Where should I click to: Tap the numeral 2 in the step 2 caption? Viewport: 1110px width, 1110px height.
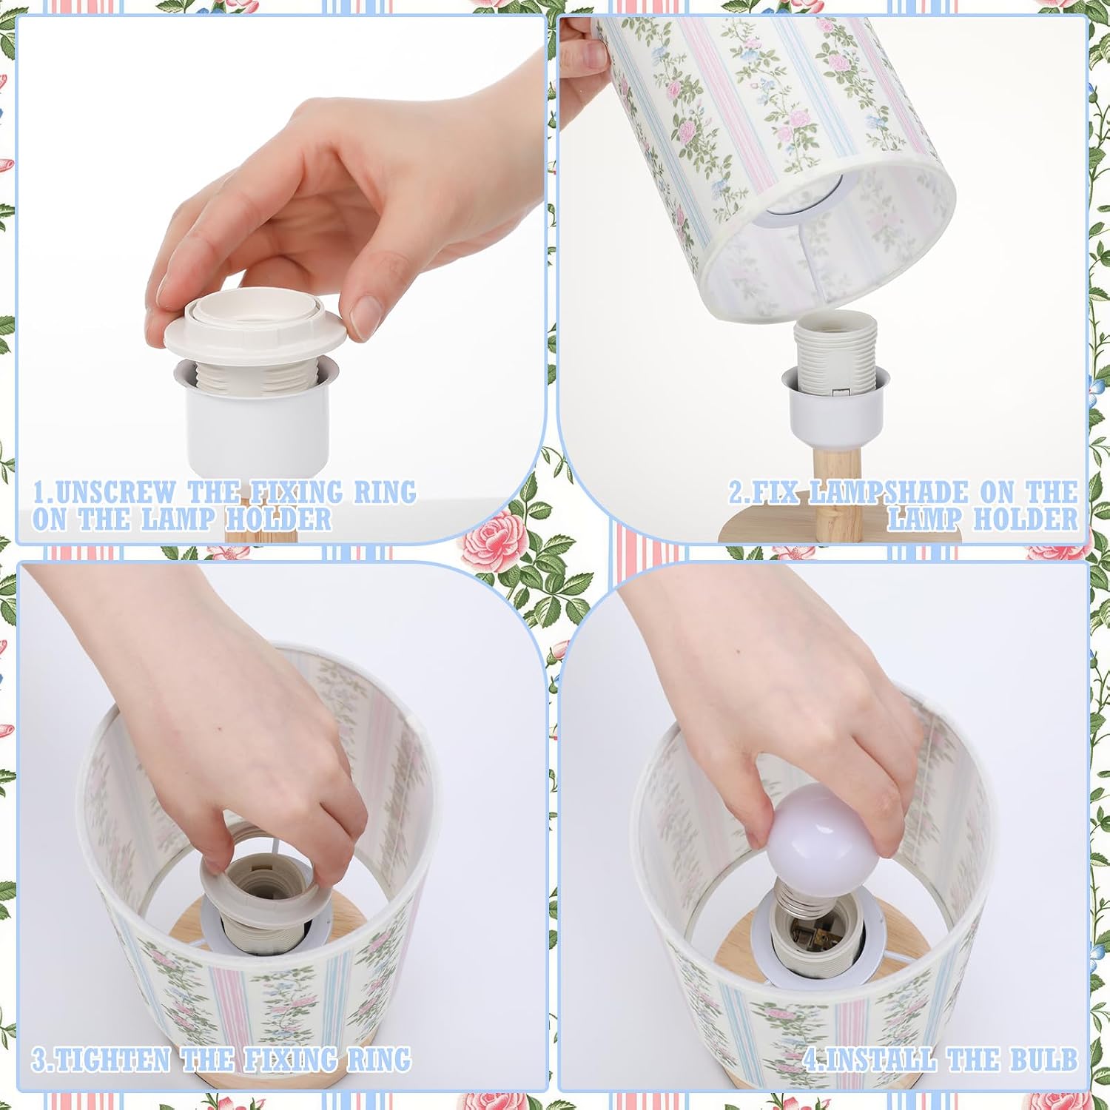736,492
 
